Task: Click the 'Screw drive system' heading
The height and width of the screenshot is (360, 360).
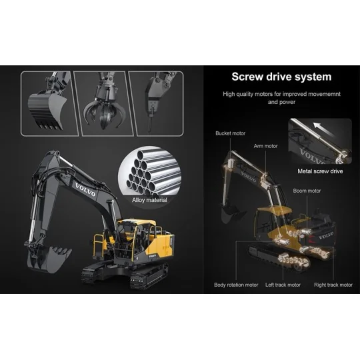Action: pyautogui.click(x=281, y=77)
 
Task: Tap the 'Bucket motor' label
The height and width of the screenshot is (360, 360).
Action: pyautogui.click(x=229, y=133)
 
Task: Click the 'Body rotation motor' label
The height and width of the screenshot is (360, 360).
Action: pyautogui.click(x=236, y=285)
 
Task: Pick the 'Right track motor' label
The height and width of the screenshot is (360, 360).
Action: pyautogui.click(x=333, y=285)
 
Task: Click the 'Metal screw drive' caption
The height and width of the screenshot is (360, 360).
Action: pyautogui.click(x=320, y=171)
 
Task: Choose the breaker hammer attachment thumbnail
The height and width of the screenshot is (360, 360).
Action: pyautogui.click(x=162, y=103)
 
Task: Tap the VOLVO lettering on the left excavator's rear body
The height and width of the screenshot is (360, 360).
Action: pyautogui.click(x=153, y=253)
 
